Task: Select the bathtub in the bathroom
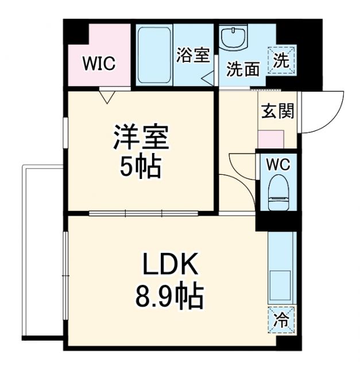point(153,54)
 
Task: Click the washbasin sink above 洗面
point(235,37)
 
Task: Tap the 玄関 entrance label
point(278,111)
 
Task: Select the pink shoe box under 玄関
point(270,140)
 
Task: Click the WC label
point(278,165)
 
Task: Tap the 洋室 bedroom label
point(141,138)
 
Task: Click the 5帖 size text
point(141,167)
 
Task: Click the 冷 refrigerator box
point(281,317)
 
